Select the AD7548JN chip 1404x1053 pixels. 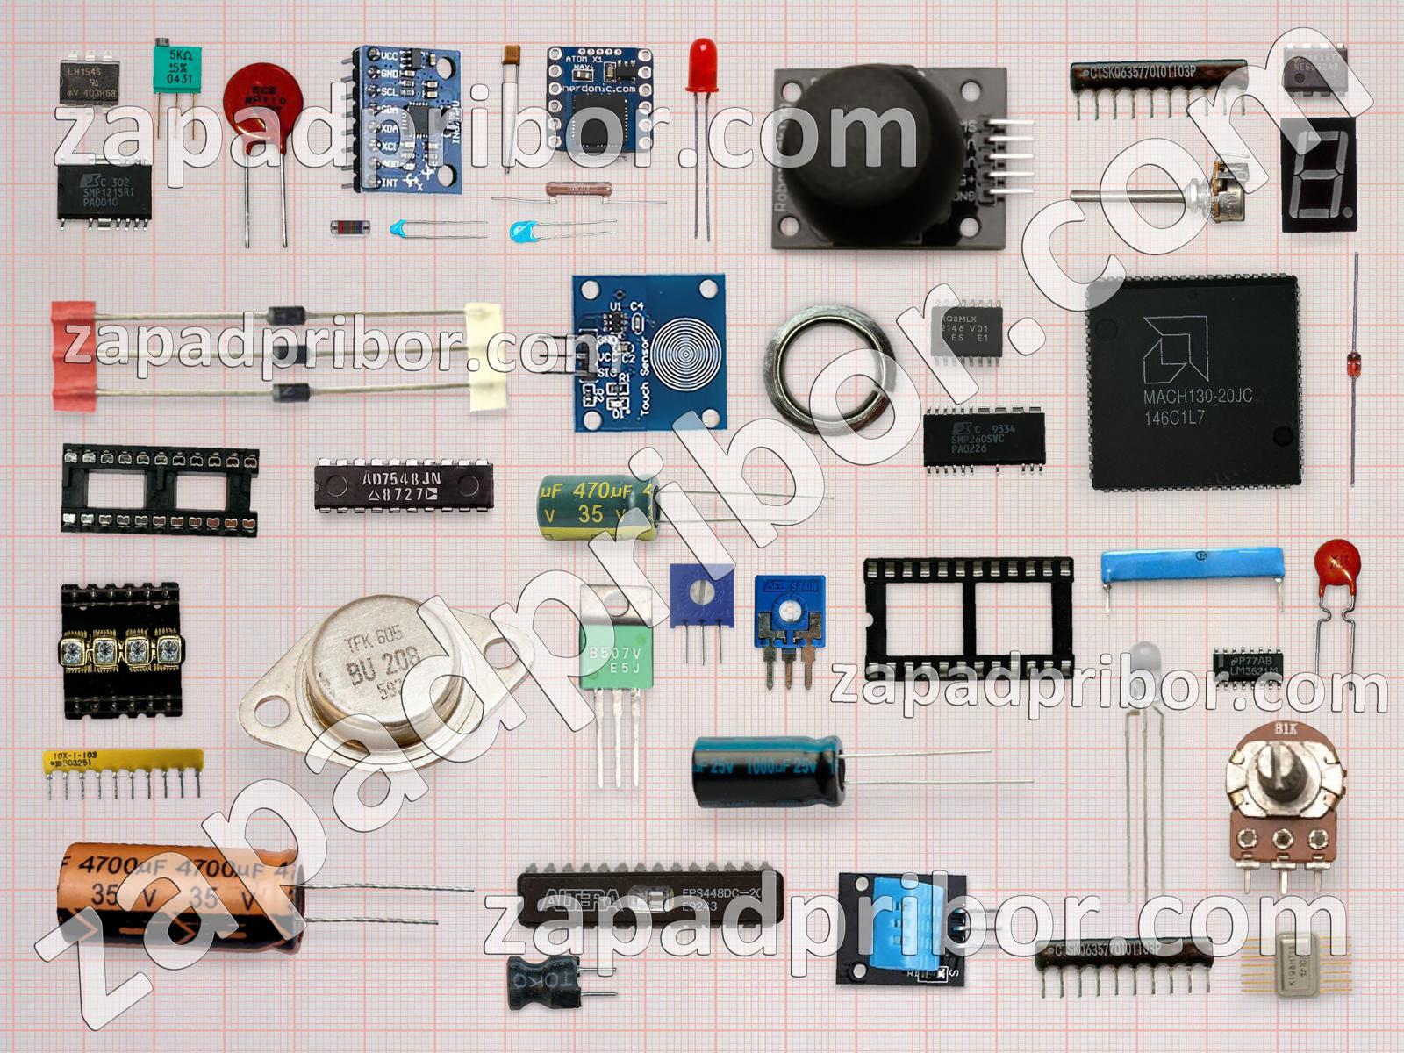[404, 486]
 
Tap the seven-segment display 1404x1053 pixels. [1318, 175]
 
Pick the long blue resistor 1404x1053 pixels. [1192, 567]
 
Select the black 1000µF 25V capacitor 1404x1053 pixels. [768, 770]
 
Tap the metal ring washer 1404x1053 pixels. [829, 369]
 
